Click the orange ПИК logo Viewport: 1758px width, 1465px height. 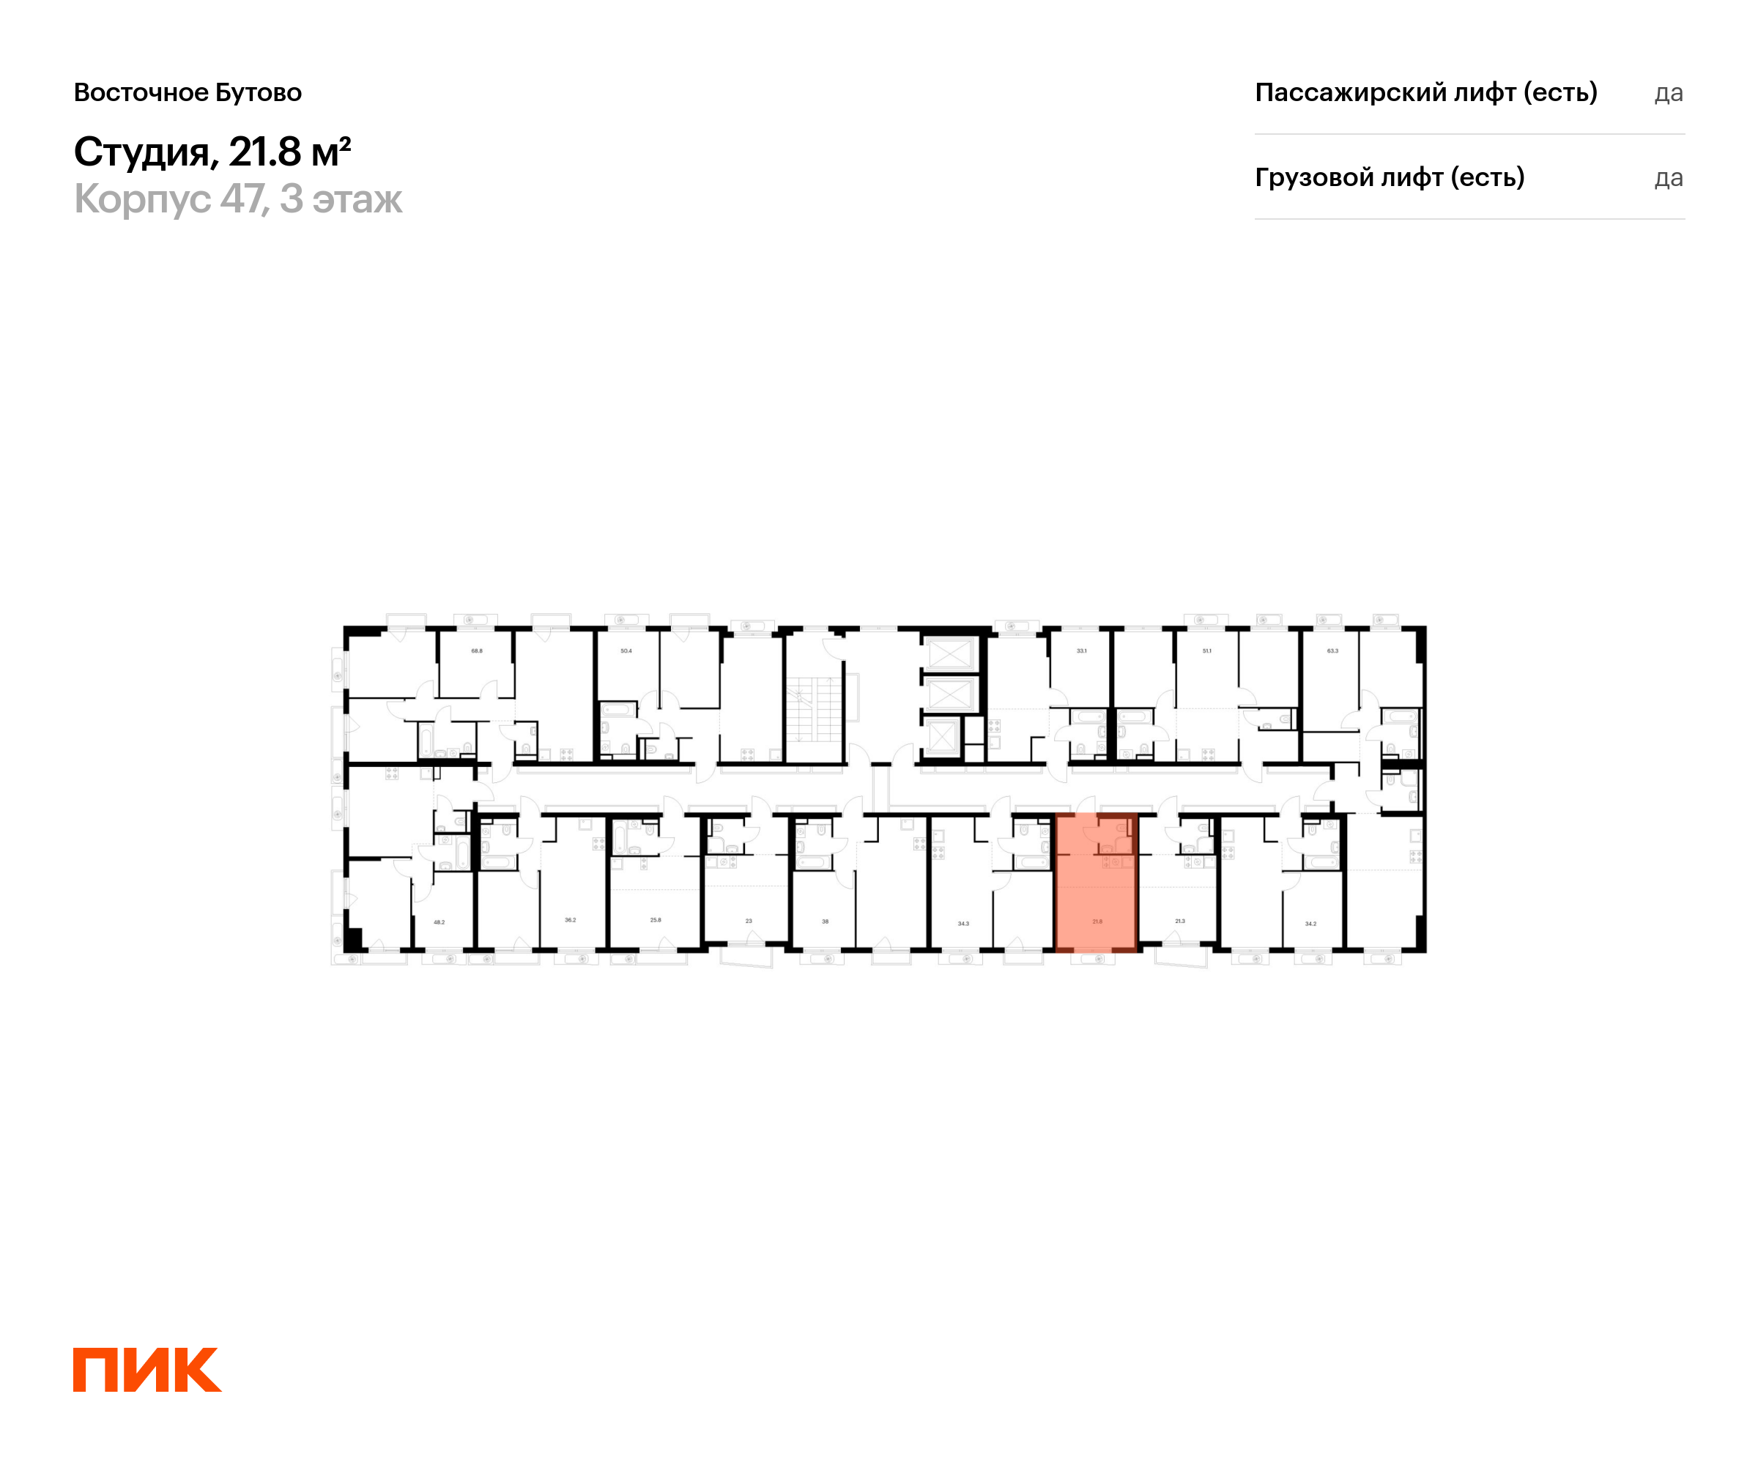click(x=146, y=1369)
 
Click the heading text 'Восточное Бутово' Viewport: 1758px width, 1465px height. click(x=188, y=92)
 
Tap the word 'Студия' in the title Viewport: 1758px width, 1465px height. click(x=141, y=152)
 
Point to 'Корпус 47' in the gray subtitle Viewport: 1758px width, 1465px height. click(x=171, y=199)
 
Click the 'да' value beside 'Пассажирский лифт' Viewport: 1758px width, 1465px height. click(x=1668, y=93)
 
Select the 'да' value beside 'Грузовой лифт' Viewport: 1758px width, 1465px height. click(x=1668, y=178)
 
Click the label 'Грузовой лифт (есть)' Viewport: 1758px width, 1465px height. click(x=1389, y=177)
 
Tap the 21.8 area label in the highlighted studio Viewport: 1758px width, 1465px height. click(x=1097, y=921)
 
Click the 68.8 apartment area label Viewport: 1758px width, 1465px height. click(x=476, y=650)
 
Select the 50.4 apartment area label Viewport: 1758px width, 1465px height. click(x=626, y=650)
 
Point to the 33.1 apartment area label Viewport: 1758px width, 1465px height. click(x=1082, y=650)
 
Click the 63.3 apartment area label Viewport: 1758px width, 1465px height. click(x=1332, y=650)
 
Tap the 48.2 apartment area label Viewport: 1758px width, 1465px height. click(x=439, y=922)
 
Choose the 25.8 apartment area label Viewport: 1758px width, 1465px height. click(x=656, y=920)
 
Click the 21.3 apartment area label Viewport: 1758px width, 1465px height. click(x=1179, y=921)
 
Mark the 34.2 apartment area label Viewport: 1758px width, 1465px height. click(x=1310, y=924)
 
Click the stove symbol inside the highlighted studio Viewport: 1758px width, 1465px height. click(x=1116, y=862)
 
